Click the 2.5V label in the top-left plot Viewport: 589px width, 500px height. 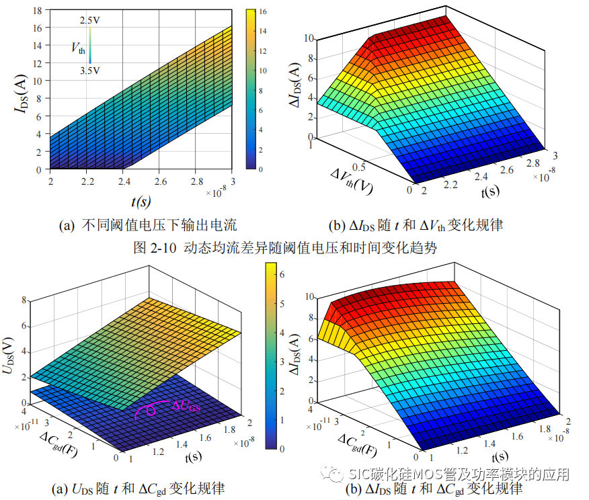90,22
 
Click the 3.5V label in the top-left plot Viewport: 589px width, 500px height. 90,70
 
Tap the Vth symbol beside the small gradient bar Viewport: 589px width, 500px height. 79,47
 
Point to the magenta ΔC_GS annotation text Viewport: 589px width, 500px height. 186,405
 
